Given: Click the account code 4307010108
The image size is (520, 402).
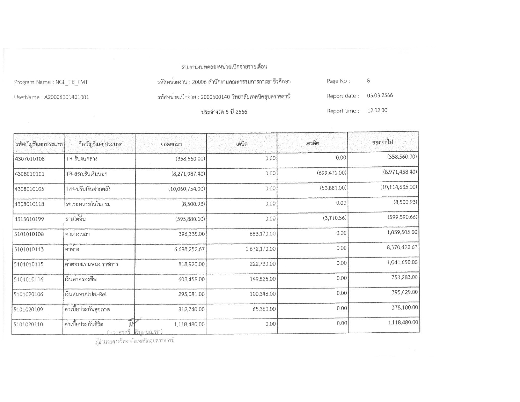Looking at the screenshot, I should [30, 159].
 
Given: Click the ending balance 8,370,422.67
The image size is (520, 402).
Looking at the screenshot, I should [402, 248].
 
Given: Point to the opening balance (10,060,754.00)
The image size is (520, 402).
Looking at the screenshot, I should [187, 189].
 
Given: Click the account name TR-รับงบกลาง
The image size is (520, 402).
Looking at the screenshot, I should [82, 159].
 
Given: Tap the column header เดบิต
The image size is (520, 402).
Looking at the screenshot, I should [242, 144].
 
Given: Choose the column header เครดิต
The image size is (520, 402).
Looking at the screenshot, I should [312, 143].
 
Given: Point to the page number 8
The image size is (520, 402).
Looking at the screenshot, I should [368, 81].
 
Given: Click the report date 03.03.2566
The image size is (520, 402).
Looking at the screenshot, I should [380, 96].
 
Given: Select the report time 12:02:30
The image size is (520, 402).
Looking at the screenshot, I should [377, 110].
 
